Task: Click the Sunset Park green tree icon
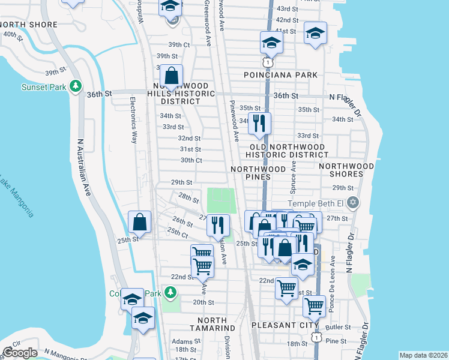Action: [x=76, y=86]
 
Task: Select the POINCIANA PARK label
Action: [x=280, y=75]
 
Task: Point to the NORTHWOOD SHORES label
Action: [x=349, y=170]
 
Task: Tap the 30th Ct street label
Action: [x=191, y=160]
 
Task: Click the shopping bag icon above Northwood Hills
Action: [x=171, y=76]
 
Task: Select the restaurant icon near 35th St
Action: [x=259, y=124]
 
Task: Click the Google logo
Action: [x=20, y=353]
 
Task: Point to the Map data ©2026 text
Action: [x=423, y=355]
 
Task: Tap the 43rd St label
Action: [x=286, y=9]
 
